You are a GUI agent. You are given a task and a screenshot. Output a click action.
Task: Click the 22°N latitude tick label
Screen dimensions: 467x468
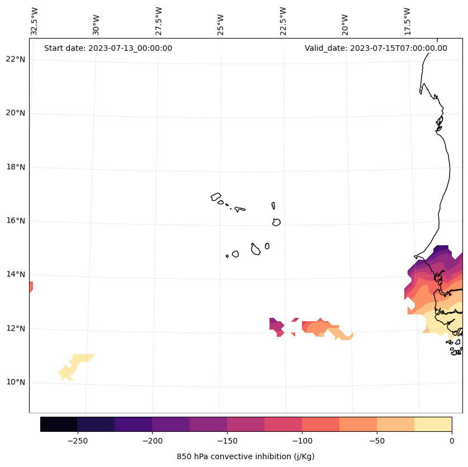coord(16,59)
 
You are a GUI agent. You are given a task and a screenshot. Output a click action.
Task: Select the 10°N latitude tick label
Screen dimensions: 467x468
coord(16,382)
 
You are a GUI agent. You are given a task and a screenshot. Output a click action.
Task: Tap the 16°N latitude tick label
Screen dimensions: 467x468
coord(16,221)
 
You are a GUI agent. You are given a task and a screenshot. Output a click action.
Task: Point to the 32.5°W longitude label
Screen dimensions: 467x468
coord(35,21)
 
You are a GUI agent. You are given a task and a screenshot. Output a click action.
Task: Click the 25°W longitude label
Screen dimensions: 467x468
coord(221,24)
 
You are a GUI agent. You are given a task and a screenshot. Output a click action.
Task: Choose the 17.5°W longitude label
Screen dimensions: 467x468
coord(407,21)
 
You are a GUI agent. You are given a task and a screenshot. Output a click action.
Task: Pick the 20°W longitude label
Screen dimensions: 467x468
coord(345,24)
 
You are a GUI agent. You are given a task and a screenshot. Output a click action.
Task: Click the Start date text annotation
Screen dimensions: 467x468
coord(108,48)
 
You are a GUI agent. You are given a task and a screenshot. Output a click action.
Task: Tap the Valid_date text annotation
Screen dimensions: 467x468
coord(376,48)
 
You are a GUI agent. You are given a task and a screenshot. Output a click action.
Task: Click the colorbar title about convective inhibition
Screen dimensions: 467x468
coord(245,456)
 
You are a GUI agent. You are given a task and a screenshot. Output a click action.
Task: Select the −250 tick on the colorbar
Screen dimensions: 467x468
coord(77,441)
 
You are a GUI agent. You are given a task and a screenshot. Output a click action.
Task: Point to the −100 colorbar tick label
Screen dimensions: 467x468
coord(302,441)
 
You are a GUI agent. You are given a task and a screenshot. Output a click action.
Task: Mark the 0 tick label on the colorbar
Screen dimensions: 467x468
coord(451,441)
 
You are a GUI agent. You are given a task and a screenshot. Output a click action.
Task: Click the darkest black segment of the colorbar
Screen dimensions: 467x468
coord(59,424)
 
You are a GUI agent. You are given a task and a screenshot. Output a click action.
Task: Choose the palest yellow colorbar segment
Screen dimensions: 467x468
coord(433,424)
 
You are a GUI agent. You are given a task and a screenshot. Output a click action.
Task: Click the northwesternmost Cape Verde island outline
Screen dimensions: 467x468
coord(216,197)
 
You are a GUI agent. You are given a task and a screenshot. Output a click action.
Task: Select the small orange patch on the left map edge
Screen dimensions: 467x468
coord(31,287)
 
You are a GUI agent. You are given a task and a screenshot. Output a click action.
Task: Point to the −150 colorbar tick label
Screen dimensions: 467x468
coord(227,441)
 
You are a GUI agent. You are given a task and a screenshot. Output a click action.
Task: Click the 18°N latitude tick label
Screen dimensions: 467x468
coord(16,167)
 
